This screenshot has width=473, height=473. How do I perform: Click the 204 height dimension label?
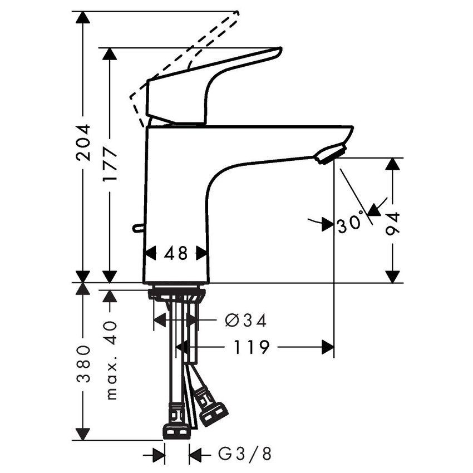[x=83, y=142]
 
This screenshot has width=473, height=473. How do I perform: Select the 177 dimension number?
[x=110, y=165]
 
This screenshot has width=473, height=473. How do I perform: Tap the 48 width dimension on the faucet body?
[x=176, y=254]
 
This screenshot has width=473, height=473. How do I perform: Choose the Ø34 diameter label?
[x=245, y=321]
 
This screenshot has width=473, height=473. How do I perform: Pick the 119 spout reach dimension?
[x=251, y=348]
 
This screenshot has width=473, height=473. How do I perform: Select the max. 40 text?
[x=110, y=360]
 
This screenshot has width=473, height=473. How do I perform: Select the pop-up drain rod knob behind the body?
[x=136, y=227]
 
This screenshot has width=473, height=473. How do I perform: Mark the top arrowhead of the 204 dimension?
[x=83, y=17]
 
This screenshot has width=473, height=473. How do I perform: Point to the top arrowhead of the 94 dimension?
[x=393, y=164]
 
